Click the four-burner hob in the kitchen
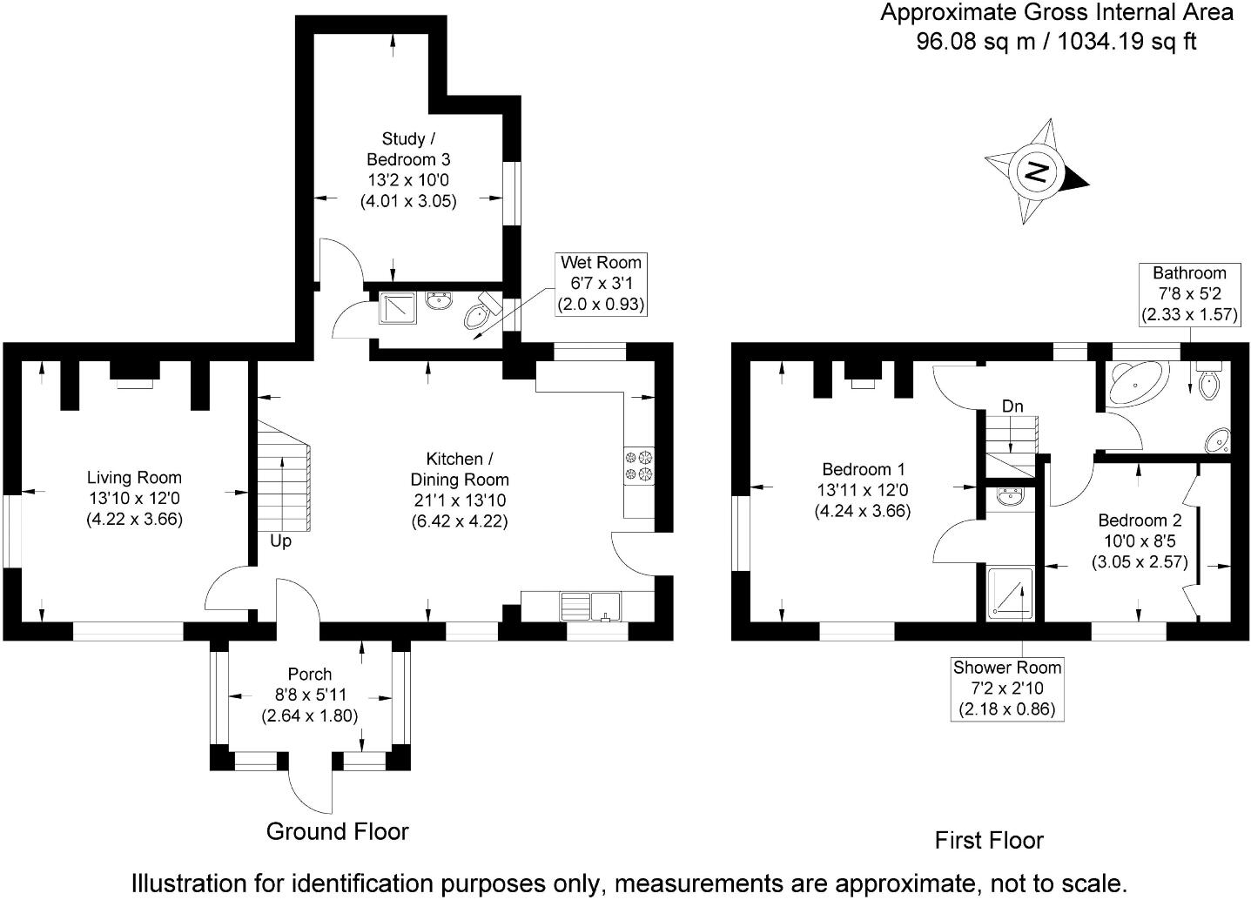(639, 465)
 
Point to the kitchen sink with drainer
(590, 605)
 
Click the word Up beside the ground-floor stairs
(280, 541)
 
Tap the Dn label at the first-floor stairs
(1012, 406)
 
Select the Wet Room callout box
(601, 284)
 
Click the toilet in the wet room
(481, 316)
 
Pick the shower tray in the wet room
(397, 307)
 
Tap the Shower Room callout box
(1007, 688)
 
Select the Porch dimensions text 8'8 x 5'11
(309, 695)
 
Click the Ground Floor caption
(337, 831)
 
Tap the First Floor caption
(988, 840)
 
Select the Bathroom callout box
(1189, 293)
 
